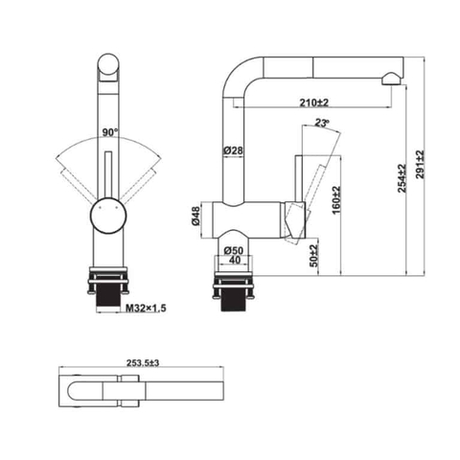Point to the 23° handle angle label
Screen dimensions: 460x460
(x=322, y=121)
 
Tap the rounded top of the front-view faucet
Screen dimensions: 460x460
(x=108, y=67)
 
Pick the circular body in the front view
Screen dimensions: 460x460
(x=108, y=218)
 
